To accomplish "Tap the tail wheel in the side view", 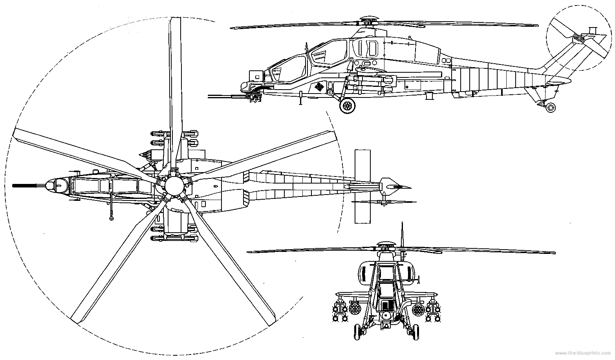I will (x=551, y=107).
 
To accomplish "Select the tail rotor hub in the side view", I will (x=578, y=38).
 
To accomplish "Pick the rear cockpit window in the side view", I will (x=328, y=53).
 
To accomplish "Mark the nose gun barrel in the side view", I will (x=224, y=96).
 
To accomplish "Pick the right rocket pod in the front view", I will (x=419, y=308).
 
